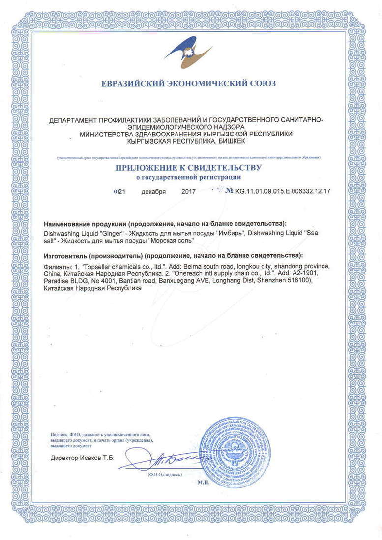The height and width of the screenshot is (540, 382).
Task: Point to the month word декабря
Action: coord(153,192)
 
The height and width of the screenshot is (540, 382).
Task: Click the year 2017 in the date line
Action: coord(188,192)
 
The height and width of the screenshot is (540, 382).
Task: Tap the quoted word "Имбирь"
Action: coord(231,233)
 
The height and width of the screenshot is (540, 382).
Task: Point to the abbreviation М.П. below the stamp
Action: coord(204,483)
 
